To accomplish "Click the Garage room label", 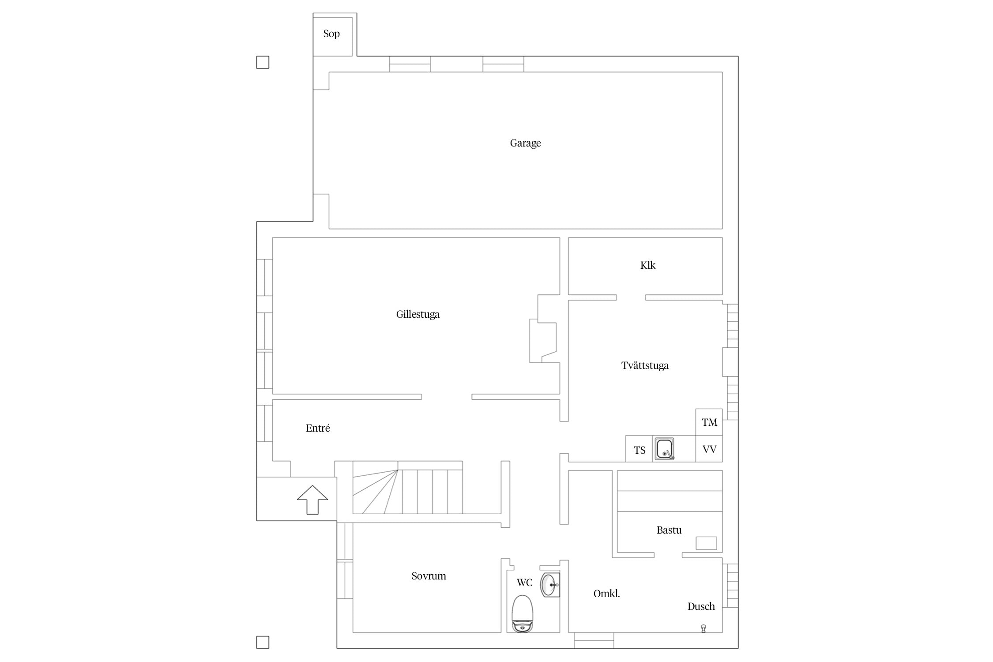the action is pos(525,143).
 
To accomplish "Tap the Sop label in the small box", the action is pos(331,34).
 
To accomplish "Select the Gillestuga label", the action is pos(418,314).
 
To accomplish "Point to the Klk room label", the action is pos(648,265).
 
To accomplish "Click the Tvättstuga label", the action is pos(645,365).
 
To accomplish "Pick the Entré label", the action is pos(318,428).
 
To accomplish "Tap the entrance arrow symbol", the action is pos(312,500).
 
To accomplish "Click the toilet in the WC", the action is pos(523,613).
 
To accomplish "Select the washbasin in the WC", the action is pos(550,585).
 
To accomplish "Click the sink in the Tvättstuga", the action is pos(664,449).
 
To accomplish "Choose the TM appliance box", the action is pos(709,422).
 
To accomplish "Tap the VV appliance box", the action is pos(709,449).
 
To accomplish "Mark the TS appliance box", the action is pos(639,449).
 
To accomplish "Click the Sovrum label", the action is pos(429,576).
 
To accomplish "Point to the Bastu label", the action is pos(669,530).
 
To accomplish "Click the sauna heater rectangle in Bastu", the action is pos(706,543).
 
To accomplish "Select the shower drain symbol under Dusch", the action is pos(703,629).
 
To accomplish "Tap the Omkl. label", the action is pos(606,594).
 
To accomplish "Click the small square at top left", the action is pos(263,62).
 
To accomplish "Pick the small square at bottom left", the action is pos(263,642).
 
